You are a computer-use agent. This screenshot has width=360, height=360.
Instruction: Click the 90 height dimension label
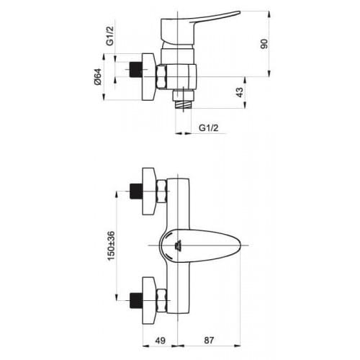264,44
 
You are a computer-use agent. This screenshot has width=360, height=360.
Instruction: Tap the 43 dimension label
240,92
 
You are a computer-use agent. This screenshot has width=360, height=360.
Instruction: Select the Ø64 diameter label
98,77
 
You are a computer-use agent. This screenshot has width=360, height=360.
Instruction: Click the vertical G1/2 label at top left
109,36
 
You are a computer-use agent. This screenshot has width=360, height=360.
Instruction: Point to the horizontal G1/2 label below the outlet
209,127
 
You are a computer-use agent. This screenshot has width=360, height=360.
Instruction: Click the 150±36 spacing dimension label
111,246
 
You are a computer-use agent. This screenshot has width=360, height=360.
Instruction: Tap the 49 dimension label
161,341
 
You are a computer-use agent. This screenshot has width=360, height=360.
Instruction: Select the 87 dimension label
209,341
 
